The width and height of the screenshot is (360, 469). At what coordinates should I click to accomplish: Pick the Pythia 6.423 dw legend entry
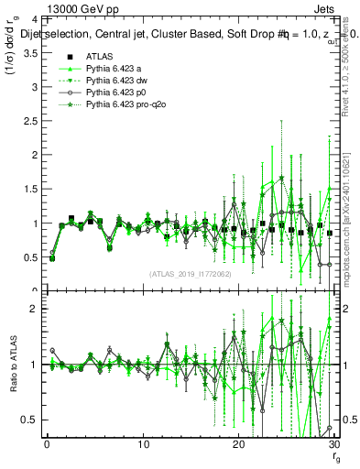coord(117,81)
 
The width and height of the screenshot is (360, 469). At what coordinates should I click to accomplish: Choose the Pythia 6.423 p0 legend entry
coord(116,93)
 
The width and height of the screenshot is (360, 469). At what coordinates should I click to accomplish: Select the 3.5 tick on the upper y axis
coord(27,53)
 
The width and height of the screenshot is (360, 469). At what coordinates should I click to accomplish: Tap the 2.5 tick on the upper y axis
coord(27,121)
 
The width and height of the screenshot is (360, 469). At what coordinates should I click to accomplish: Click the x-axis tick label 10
coord(143,445)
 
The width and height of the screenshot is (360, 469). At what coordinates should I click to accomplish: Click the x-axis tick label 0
coord(47,445)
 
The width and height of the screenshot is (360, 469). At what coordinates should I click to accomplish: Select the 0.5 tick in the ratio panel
coord(27,420)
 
